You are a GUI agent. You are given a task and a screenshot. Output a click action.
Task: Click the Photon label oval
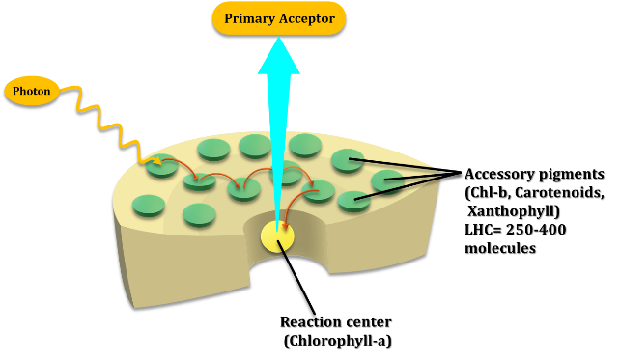(x=31, y=91)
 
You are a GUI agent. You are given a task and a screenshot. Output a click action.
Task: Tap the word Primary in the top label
(x=248, y=18)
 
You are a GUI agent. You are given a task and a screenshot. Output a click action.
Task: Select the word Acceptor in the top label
(x=305, y=18)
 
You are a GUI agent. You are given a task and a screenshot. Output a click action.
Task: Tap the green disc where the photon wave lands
(x=162, y=166)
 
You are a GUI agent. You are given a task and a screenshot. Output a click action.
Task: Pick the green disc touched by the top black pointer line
(x=347, y=159)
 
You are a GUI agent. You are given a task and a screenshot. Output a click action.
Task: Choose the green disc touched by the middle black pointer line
(x=387, y=180)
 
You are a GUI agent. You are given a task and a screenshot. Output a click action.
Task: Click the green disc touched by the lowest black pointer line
(x=353, y=201)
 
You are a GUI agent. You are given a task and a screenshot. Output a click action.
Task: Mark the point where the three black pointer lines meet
(x=440, y=175)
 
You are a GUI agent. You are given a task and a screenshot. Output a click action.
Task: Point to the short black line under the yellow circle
(x=282, y=248)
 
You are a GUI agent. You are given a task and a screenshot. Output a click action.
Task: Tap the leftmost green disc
(x=149, y=205)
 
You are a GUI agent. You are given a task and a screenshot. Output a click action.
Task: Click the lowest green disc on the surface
(x=200, y=213)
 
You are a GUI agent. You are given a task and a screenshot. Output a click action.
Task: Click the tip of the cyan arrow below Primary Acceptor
(x=278, y=40)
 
